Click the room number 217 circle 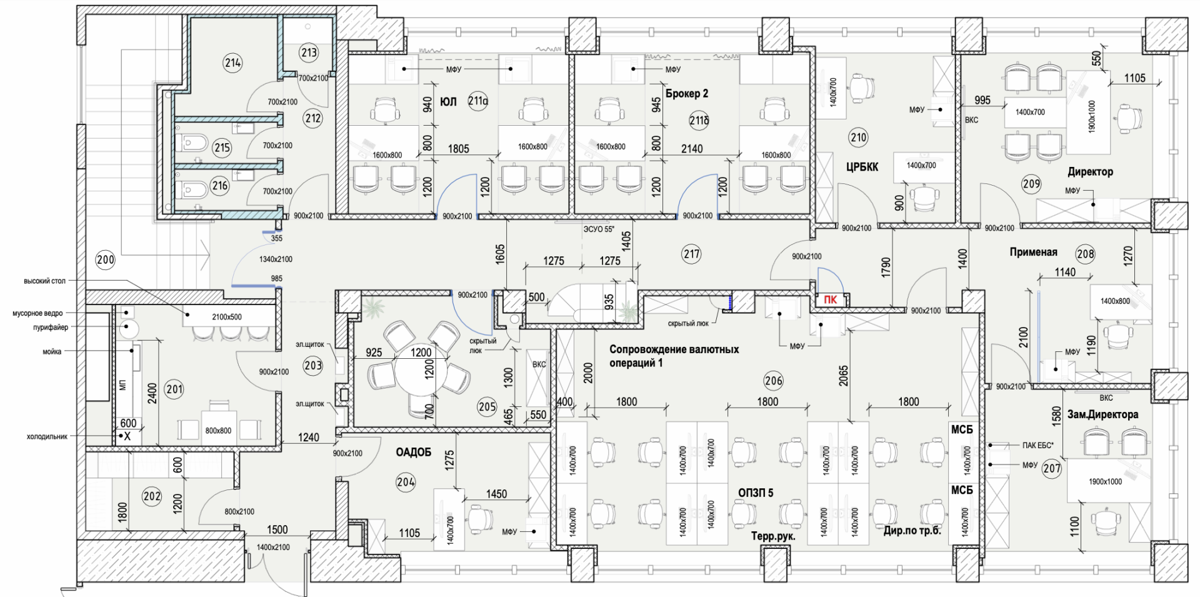tap(692, 254)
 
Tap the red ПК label tap(830, 300)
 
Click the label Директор tap(1090, 171)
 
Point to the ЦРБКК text tap(862, 167)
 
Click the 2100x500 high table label tap(227, 317)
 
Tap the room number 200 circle tap(106, 259)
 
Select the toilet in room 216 tap(193, 189)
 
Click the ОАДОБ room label tap(414, 452)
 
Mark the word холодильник tap(47, 436)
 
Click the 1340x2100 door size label tap(276, 259)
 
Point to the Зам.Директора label tap(1102, 414)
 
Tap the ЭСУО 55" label tap(599, 229)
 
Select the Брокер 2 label tap(687, 94)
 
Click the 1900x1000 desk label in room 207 tap(1105, 481)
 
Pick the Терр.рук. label tap(774, 536)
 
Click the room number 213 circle tap(309, 53)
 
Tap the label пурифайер tap(51, 327)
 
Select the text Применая tap(1034, 252)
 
